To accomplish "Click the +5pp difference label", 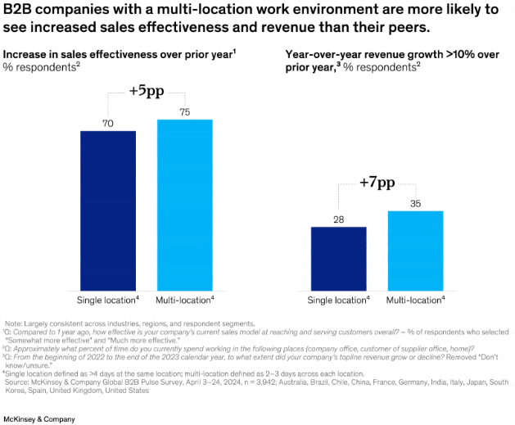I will tap(147, 92).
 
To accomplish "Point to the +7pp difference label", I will tap(377, 183).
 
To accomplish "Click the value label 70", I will tap(108, 124).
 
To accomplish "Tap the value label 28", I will tap(338, 219).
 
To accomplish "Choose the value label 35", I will tap(415, 204).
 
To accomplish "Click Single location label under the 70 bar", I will tap(107, 299).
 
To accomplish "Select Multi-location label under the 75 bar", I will tap(185, 299).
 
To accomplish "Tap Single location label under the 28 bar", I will tap(337, 299).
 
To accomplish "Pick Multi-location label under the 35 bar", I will tap(415, 299).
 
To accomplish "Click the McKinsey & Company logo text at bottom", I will tap(39, 418).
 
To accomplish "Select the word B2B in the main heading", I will tap(20, 10).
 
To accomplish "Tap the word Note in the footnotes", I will tap(14, 323).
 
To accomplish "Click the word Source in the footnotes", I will tap(17, 382).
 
